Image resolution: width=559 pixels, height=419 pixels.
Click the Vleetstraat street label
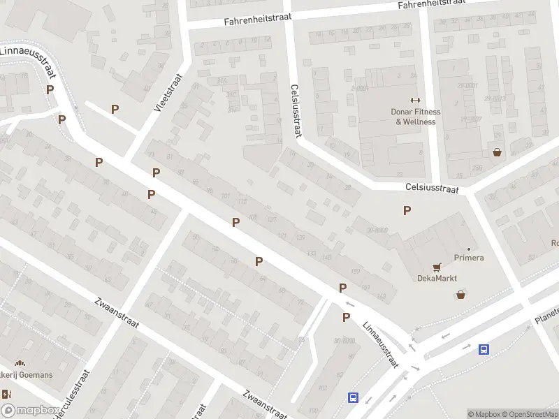pos(168,94)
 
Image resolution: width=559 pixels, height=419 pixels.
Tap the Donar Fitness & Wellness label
pos(415,117)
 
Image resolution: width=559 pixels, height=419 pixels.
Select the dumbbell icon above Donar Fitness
pos(415,100)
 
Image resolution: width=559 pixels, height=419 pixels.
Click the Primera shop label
pos(468,258)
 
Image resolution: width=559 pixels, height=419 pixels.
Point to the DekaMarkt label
pos(437,278)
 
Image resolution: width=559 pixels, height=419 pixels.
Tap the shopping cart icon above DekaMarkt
pos(437,266)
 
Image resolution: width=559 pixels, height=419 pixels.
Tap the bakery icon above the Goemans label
pos(20,363)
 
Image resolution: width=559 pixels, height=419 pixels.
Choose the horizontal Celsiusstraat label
pos(432,189)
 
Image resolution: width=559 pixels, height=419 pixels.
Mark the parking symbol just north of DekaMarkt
pos(407,210)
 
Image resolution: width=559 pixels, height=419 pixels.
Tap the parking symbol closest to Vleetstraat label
pos(115,109)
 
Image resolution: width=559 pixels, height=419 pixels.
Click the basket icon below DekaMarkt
pos(460,295)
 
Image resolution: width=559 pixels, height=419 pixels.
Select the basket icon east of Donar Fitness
pos(497,152)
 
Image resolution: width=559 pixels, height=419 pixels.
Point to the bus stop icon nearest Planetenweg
pos(483,349)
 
